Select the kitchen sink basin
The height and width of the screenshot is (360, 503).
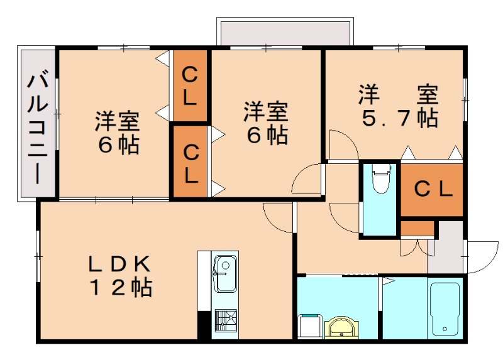[224, 275]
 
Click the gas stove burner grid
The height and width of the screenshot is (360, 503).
[224, 321]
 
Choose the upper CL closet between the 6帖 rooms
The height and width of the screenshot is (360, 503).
[191, 86]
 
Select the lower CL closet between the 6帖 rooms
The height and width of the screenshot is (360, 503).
[191, 163]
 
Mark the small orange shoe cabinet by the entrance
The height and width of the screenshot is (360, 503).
[417, 227]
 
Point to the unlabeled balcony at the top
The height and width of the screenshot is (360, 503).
[284, 31]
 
